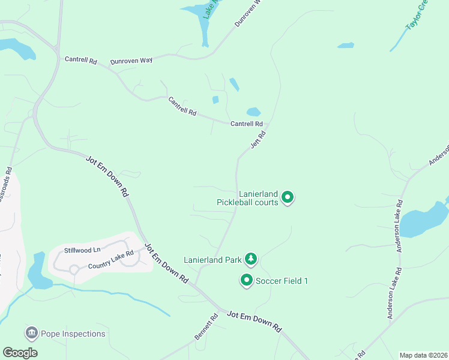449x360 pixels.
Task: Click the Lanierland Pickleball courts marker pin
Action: pyautogui.click(x=288, y=196)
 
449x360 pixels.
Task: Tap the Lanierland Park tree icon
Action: pyautogui.click(x=251, y=259)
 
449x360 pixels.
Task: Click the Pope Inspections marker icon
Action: pyautogui.click(x=31, y=333)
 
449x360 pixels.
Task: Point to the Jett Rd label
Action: pyautogui.click(x=258, y=142)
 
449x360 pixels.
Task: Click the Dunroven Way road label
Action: pyautogui.click(x=131, y=61)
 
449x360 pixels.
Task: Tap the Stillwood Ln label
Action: pyautogui.click(x=83, y=248)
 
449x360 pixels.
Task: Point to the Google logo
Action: pyautogui.click(x=20, y=352)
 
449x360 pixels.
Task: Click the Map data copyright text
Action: pyautogui.click(x=423, y=355)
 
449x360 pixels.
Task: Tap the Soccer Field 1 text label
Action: pyautogui.click(x=282, y=281)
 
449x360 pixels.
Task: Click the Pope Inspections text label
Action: pyautogui.click(x=73, y=334)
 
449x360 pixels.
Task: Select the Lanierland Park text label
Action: pyautogui.click(x=214, y=260)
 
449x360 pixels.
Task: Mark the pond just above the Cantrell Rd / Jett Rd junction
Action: pyautogui.click(x=253, y=112)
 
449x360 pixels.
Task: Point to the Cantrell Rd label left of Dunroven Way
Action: pyautogui.click(x=81, y=60)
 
